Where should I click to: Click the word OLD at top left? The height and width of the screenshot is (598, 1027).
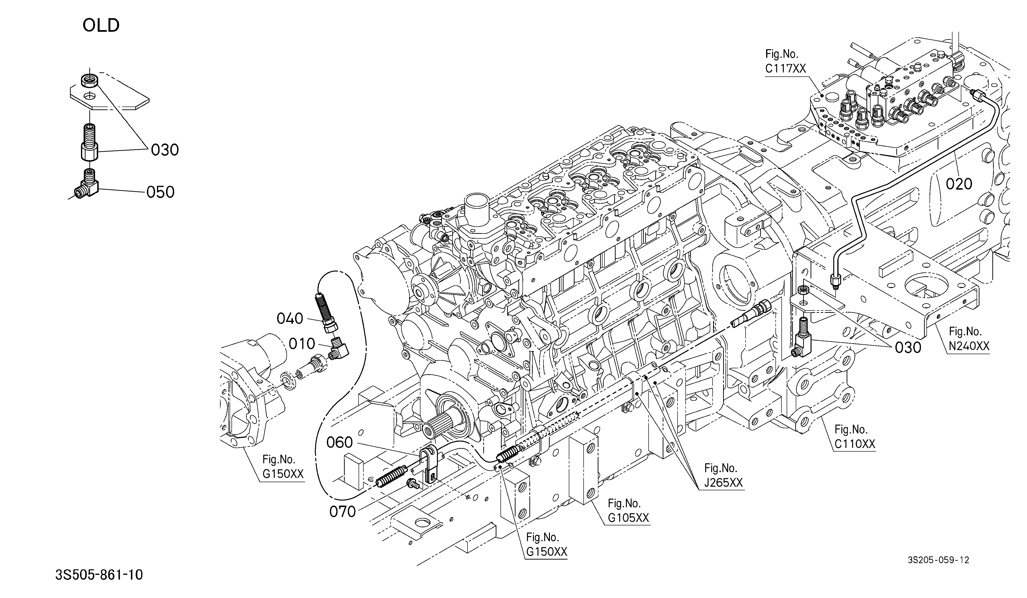101,25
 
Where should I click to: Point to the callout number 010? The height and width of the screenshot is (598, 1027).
302,344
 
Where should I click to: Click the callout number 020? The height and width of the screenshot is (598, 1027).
959,184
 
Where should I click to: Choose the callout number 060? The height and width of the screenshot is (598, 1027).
339,442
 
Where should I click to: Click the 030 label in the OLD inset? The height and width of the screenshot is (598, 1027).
165,150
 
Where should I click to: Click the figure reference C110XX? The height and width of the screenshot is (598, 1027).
855,444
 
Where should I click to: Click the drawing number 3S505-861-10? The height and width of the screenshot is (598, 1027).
99,575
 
